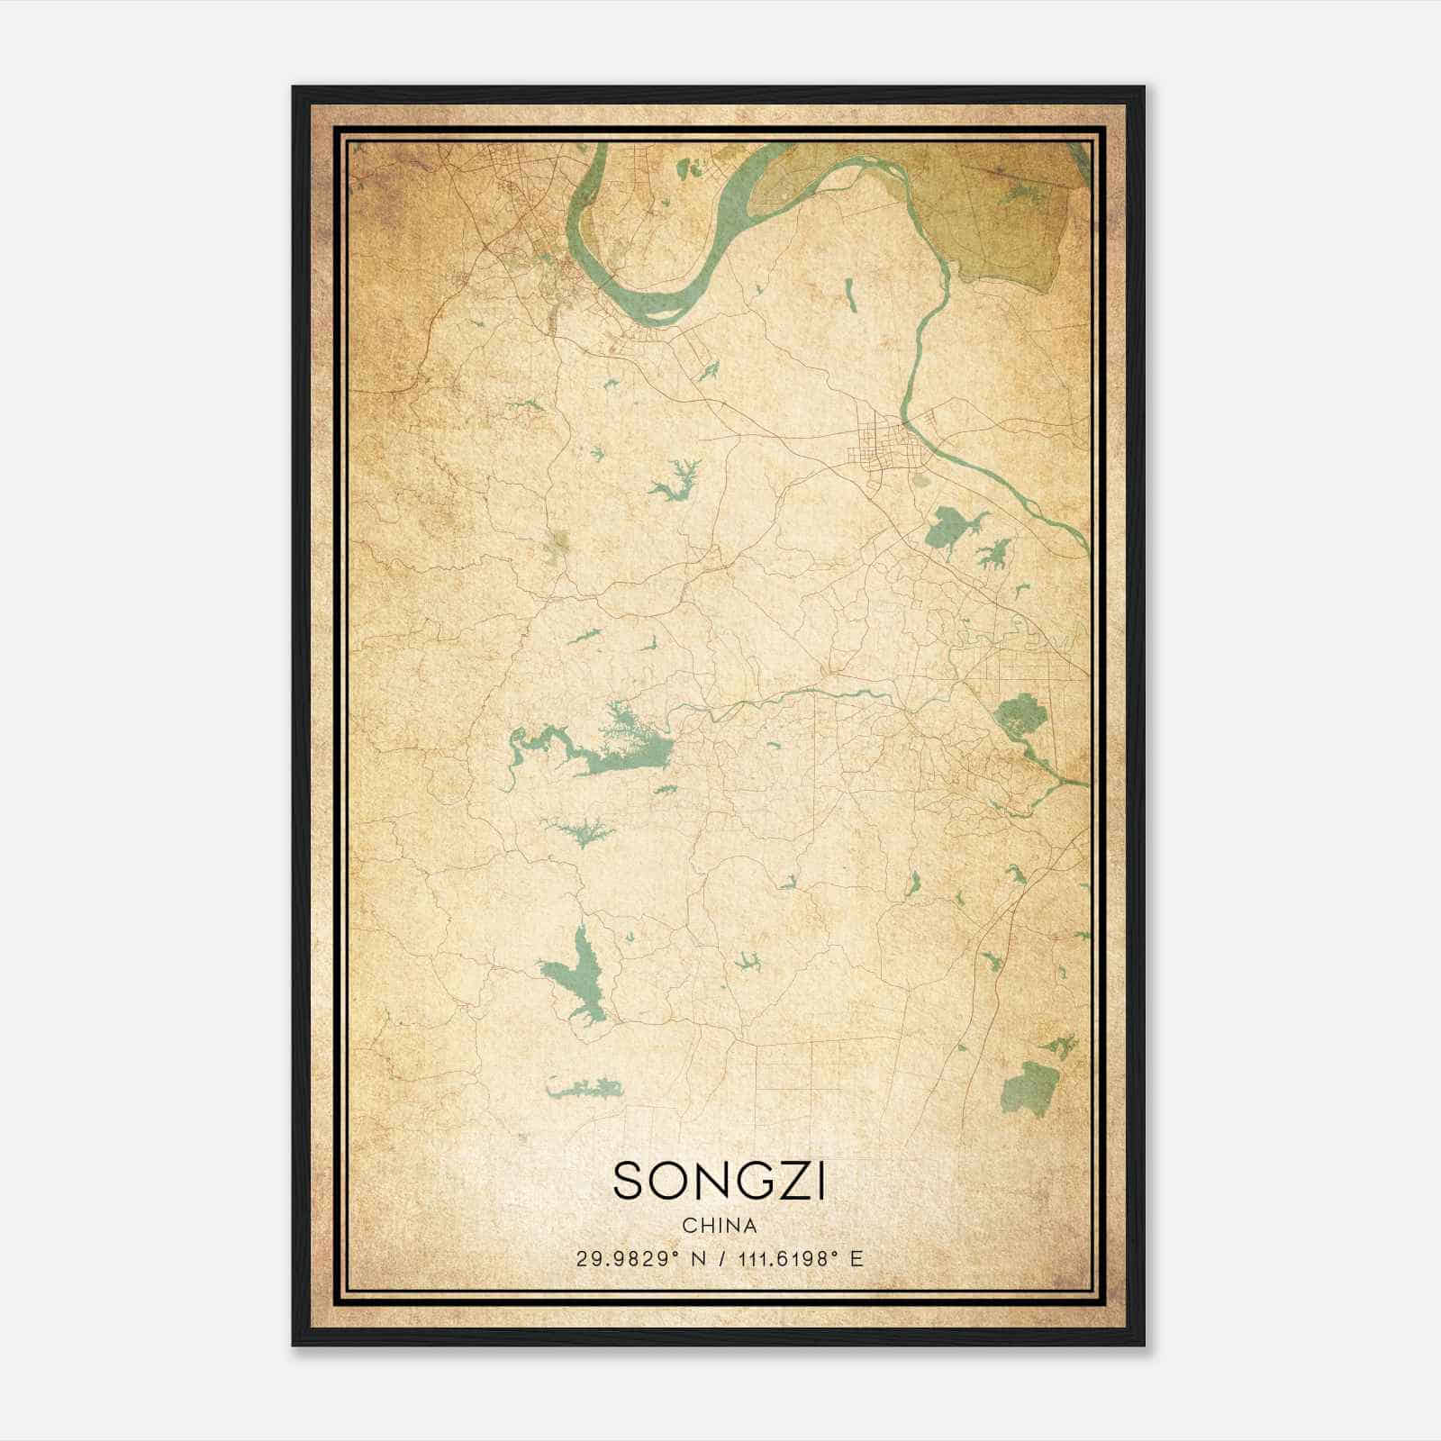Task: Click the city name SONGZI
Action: point(719,1181)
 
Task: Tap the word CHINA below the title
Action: point(719,1226)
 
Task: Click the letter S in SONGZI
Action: point(630,1181)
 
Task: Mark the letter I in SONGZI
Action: point(820,1181)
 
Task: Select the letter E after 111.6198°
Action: point(856,1259)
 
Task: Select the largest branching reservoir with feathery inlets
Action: point(621,744)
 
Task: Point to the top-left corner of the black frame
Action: point(295,88)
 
